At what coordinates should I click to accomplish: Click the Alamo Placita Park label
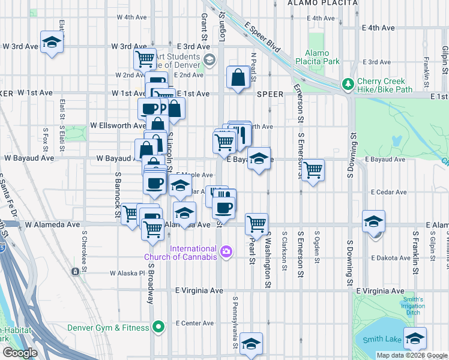pyautogui.click(x=322, y=57)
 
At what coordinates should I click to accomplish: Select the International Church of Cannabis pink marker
pyautogui.click(x=226, y=251)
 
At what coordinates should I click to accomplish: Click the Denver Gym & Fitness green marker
pyautogui.click(x=158, y=327)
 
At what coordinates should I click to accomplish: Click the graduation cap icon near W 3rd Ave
pyautogui.click(x=53, y=42)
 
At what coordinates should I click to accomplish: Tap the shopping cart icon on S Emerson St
pyautogui.click(x=313, y=170)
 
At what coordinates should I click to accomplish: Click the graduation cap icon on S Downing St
pyautogui.click(x=373, y=222)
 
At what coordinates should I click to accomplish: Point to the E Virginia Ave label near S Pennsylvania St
pyautogui.click(x=199, y=290)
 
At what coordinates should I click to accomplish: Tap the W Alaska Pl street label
pyautogui.click(x=127, y=273)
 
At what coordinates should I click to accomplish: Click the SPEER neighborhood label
pyautogui.click(x=270, y=94)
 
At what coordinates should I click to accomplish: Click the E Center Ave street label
pyautogui.click(x=195, y=323)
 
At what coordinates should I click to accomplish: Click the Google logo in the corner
pyautogui.click(x=19, y=353)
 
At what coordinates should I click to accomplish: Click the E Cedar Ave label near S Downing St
pyautogui.click(x=390, y=192)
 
